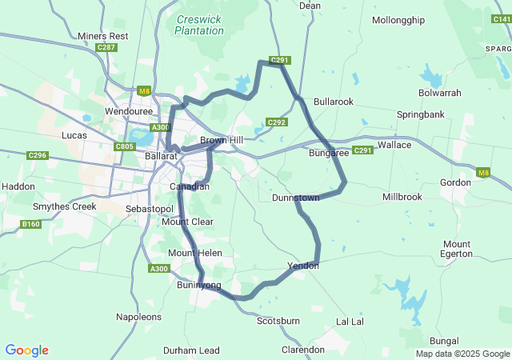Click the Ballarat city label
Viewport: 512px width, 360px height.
161,156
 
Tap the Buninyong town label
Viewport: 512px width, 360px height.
199,284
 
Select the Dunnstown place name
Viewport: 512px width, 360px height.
296,198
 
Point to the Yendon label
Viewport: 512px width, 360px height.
303,266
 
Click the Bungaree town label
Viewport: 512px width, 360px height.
329,152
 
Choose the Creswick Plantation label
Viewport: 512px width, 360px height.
199,24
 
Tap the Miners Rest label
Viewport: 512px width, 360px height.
103,36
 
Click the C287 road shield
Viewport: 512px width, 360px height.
106,48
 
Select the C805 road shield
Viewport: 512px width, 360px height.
124,146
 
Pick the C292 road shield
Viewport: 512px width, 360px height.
277,122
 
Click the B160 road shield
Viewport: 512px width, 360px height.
30,224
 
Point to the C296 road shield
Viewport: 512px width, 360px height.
37,155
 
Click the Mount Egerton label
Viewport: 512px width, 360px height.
457,249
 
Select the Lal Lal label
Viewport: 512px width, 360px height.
350,321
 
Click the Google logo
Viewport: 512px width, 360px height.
26,350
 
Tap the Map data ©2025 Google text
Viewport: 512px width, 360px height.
462,354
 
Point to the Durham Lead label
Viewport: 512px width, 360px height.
191,350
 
